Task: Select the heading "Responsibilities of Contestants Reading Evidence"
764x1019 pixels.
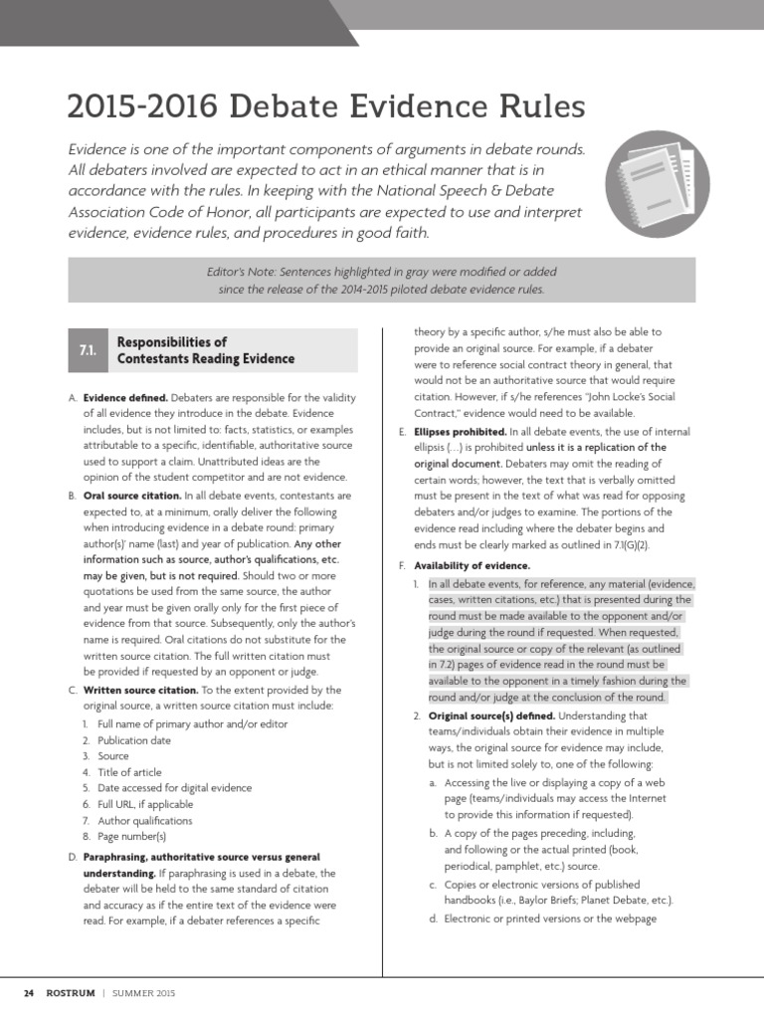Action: click(206, 350)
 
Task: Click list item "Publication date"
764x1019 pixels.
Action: click(134, 739)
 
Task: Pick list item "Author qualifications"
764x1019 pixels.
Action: click(145, 821)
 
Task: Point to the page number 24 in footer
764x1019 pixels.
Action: click(29, 993)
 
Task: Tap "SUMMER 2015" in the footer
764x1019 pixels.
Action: click(145, 993)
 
